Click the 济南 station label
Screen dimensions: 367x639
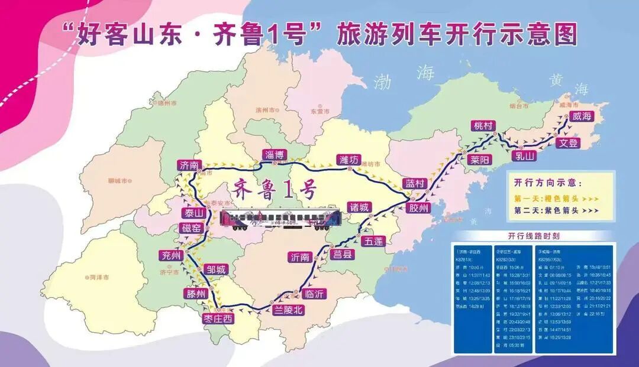click(191, 165)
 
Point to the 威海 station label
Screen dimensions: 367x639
click(582, 117)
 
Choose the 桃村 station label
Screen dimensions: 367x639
click(483, 126)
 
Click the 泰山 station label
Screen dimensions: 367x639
click(193, 213)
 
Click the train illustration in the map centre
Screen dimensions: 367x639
click(280, 219)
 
